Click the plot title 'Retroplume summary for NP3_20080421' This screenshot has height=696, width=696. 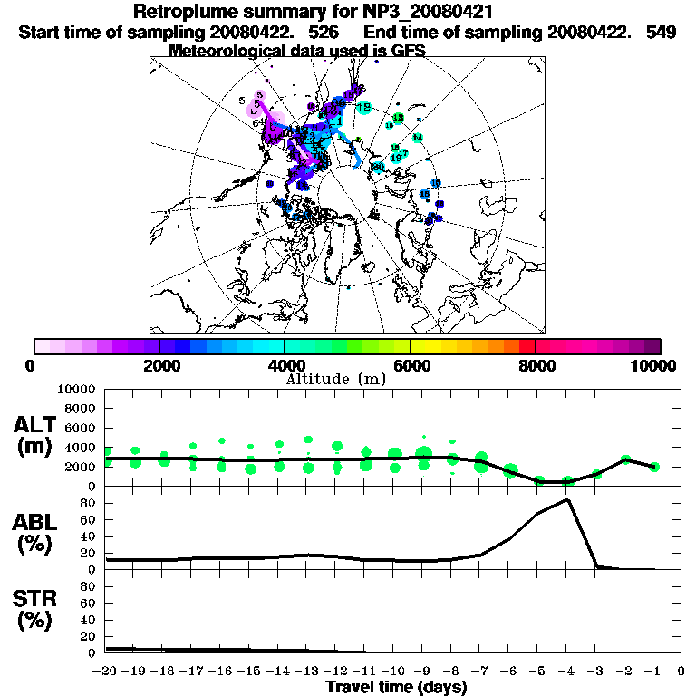pyautogui.click(x=313, y=13)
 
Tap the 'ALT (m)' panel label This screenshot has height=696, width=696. pyautogui.click(x=37, y=435)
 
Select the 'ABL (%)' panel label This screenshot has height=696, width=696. pyautogui.click(x=37, y=534)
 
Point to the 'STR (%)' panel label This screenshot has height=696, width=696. pyautogui.click(x=37, y=611)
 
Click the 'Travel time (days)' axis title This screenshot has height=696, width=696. pyautogui.click(x=396, y=687)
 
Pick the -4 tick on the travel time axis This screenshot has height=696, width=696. pyautogui.click(x=567, y=672)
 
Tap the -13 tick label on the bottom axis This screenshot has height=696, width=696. pyautogui.click(x=309, y=672)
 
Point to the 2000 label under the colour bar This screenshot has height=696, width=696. pyautogui.click(x=159, y=366)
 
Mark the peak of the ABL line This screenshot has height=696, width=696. pyautogui.click(x=567, y=499)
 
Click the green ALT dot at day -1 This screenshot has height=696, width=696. pyautogui.click(x=653, y=467)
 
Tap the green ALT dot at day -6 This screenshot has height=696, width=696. pyautogui.click(x=510, y=471)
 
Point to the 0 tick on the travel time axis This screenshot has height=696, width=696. pyautogui.click(x=681, y=672)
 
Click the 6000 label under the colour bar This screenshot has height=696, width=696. pyautogui.click(x=411, y=366)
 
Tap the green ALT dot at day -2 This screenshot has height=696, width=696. pyautogui.click(x=624, y=459)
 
